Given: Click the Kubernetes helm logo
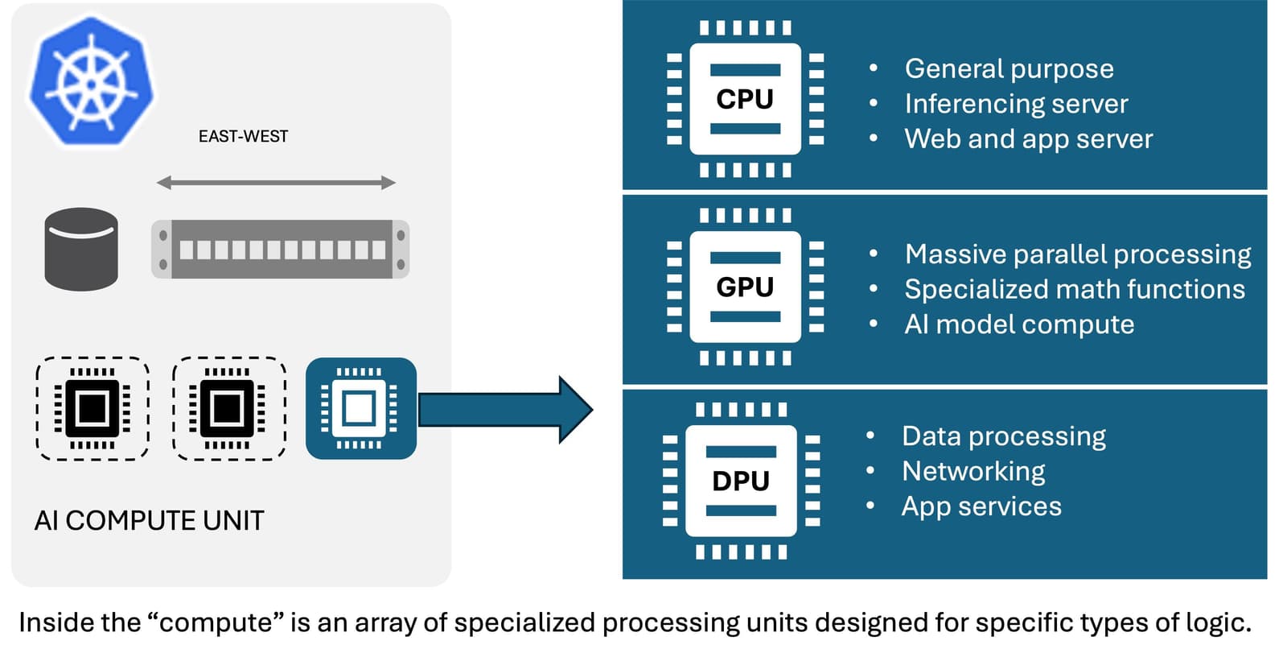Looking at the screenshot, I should click(91, 82).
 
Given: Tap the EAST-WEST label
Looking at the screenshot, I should click(243, 137).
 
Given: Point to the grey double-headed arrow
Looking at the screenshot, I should click(276, 183).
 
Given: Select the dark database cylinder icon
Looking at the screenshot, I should click(81, 249).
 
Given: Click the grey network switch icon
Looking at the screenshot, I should click(280, 250).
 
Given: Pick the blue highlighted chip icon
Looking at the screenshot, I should click(361, 408).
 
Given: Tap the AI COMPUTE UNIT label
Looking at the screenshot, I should click(149, 521).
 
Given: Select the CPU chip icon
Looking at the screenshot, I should click(746, 99).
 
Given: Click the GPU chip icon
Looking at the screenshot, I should click(746, 287).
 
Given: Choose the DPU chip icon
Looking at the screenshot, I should click(741, 481).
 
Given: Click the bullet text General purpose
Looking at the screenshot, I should click(1009, 69).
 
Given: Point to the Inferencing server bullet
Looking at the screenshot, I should click(1016, 104).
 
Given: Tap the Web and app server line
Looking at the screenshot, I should click(1028, 139).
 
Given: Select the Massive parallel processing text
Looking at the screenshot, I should click(1077, 254).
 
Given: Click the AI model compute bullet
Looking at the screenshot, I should click(1019, 324).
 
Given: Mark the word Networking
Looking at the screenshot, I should click(973, 471).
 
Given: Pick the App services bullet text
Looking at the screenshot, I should click(981, 506).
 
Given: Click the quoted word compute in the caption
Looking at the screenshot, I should click(216, 623).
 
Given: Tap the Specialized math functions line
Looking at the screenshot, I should click(1074, 289).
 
